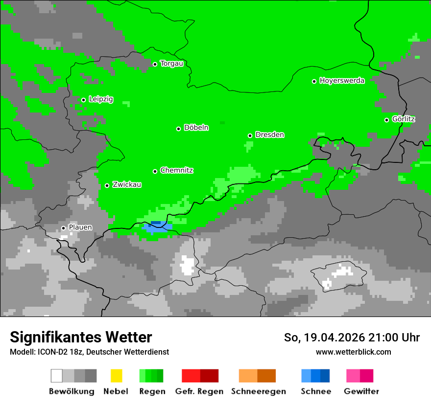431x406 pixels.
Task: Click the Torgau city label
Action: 171,64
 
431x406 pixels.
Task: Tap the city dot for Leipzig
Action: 83,100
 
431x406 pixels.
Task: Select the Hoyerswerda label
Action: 342,81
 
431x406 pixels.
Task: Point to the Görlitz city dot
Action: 386,120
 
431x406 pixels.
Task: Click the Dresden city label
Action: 269,135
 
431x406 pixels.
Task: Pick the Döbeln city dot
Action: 178,129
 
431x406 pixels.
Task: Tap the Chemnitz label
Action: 176,171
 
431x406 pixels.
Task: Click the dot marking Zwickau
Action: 107,185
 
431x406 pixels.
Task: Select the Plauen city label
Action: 80,227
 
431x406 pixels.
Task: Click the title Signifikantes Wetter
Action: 81,337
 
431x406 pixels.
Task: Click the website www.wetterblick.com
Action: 353,352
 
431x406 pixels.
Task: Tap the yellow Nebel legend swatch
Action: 116,376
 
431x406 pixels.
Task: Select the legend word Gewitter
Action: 361,391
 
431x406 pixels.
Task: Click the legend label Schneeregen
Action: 258,391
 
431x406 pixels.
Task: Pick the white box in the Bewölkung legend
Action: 57,376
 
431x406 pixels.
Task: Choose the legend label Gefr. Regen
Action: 199,391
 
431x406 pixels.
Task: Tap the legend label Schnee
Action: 316,391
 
